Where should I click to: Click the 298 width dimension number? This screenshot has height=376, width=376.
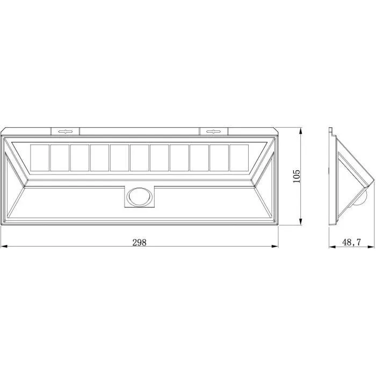pos(139,242)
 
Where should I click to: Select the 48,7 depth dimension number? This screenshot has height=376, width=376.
pos(351,242)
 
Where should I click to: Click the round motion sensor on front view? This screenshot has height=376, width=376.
pos(139,197)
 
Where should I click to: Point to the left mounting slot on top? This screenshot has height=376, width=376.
pos(66,131)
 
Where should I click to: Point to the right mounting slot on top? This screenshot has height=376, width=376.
pos(213,131)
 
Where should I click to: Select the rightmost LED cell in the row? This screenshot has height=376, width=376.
pos(238,158)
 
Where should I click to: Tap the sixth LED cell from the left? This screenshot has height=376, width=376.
pos(139,158)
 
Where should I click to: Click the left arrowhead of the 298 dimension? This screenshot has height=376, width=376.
pos(3,247)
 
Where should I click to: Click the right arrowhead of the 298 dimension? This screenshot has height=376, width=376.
pos(276,247)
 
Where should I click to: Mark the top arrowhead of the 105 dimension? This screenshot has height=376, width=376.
pos(301,130)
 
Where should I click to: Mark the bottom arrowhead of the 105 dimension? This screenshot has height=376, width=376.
pos(301,222)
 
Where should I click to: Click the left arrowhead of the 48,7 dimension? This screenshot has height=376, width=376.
pos(331,247)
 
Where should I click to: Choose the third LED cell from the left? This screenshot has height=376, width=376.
pos(79,158)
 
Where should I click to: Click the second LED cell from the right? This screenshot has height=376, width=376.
pos(219,158)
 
